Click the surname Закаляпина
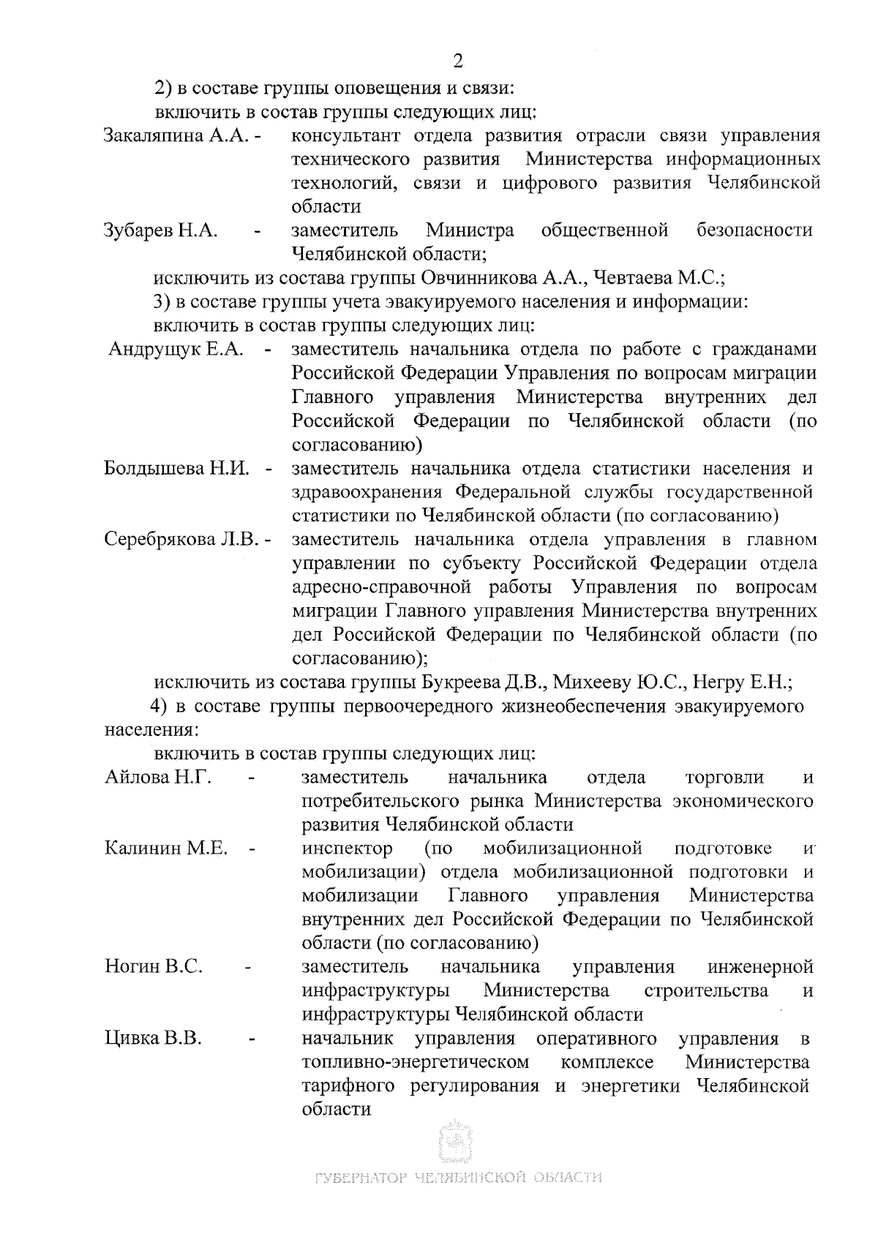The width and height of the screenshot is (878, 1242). (153, 136)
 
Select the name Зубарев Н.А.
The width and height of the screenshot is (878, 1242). (161, 230)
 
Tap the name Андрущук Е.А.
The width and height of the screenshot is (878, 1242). (176, 350)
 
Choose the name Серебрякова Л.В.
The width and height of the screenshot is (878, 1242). (182, 540)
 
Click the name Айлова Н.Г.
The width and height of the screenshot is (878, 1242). (158, 777)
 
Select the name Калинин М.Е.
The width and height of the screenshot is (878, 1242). (167, 848)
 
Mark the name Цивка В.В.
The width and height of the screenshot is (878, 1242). (153, 1039)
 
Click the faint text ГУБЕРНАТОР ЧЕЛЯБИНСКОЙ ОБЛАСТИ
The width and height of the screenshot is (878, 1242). (458, 1178)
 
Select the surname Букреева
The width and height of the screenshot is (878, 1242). (461, 682)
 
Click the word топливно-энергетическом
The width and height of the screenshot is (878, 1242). (415, 1062)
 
